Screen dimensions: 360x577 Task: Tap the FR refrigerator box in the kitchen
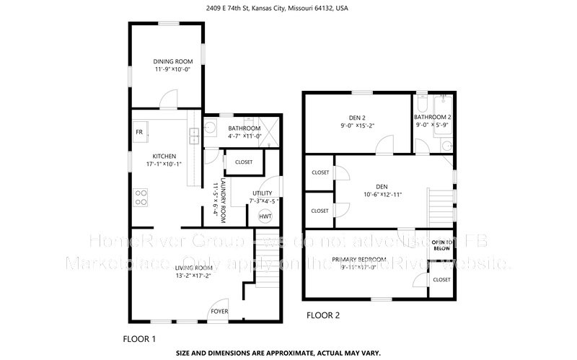(x=139, y=132)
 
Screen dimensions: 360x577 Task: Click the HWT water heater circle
(x=265, y=216)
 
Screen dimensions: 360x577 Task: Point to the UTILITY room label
(x=262, y=193)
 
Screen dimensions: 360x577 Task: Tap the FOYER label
(x=219, y=311)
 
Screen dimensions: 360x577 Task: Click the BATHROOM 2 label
(x=433, y=117)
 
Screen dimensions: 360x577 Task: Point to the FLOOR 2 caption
(x=322, y=315)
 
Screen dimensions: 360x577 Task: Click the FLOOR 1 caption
(x=139, y=338)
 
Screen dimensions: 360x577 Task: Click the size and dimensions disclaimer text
(x=288, y=354)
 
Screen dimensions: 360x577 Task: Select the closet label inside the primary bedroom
(x=441, y=279)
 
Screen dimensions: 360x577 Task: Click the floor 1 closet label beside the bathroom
(x=244, y=162)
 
